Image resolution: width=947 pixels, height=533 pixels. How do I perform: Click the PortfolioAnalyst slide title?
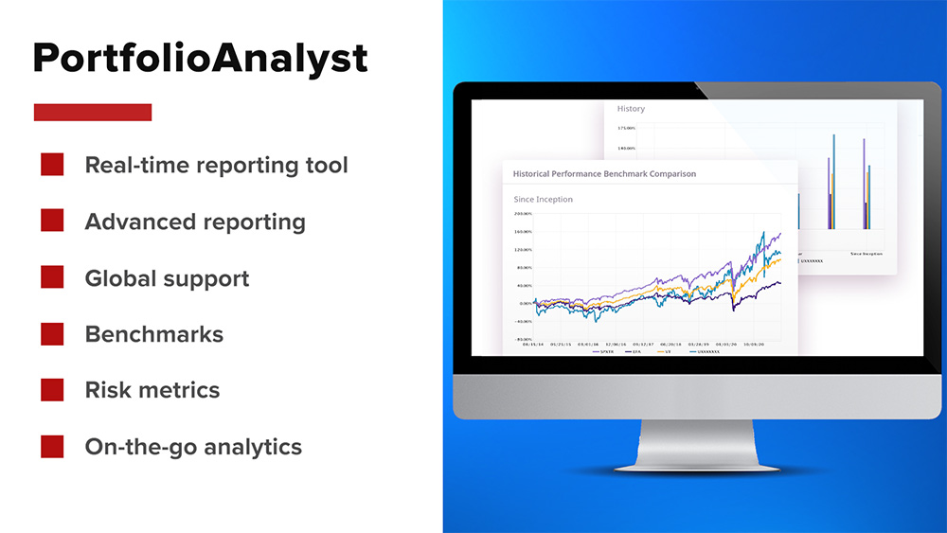[x=200, y=59]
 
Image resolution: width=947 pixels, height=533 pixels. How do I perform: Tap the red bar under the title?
[x=93, y=112]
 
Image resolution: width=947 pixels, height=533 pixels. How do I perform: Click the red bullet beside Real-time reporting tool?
[x=52, y=165]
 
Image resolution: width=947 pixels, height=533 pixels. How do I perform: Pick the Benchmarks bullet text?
[x=154, y=334]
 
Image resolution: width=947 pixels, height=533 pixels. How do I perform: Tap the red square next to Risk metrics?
[x=52, y=390]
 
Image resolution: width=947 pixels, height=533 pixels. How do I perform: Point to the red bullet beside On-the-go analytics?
[x=52, y=447]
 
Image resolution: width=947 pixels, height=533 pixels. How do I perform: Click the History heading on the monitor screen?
[x=631, y=109]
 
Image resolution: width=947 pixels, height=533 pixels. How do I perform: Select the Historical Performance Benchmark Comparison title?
[x=604, y=174]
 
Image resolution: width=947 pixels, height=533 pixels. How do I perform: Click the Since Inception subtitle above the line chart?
[x=543, y=200]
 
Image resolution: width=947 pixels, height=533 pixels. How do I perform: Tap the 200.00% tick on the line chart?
[x=523, y=214]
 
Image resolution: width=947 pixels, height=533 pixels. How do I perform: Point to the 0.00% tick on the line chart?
[x=525, y=303]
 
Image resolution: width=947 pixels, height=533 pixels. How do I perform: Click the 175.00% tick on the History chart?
[x=626, y=128]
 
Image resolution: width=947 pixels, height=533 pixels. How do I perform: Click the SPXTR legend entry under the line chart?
[x=606, y=350]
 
